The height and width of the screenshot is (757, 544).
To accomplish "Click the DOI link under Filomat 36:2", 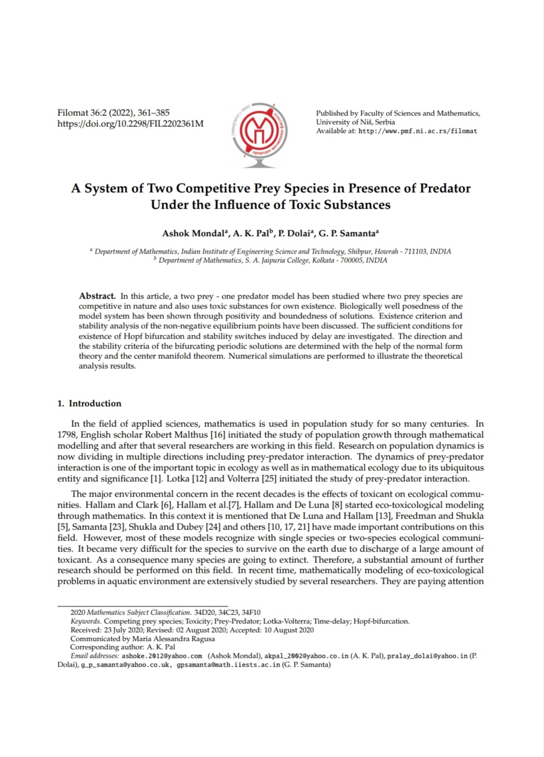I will tap(130, 123).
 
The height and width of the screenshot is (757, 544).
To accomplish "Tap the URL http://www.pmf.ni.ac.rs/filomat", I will tap(417, 131).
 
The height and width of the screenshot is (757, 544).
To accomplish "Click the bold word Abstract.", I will tap(97, 296).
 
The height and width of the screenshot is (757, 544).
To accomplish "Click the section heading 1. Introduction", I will tap(89, 403).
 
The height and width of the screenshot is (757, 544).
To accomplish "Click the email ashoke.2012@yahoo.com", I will tap(162, 656).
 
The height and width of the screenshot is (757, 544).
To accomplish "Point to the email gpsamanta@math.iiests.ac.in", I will tap(228, 664).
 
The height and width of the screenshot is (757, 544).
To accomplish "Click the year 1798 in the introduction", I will tap(68, 434).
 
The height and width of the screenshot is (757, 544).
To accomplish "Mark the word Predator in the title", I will tap(445, 188).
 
